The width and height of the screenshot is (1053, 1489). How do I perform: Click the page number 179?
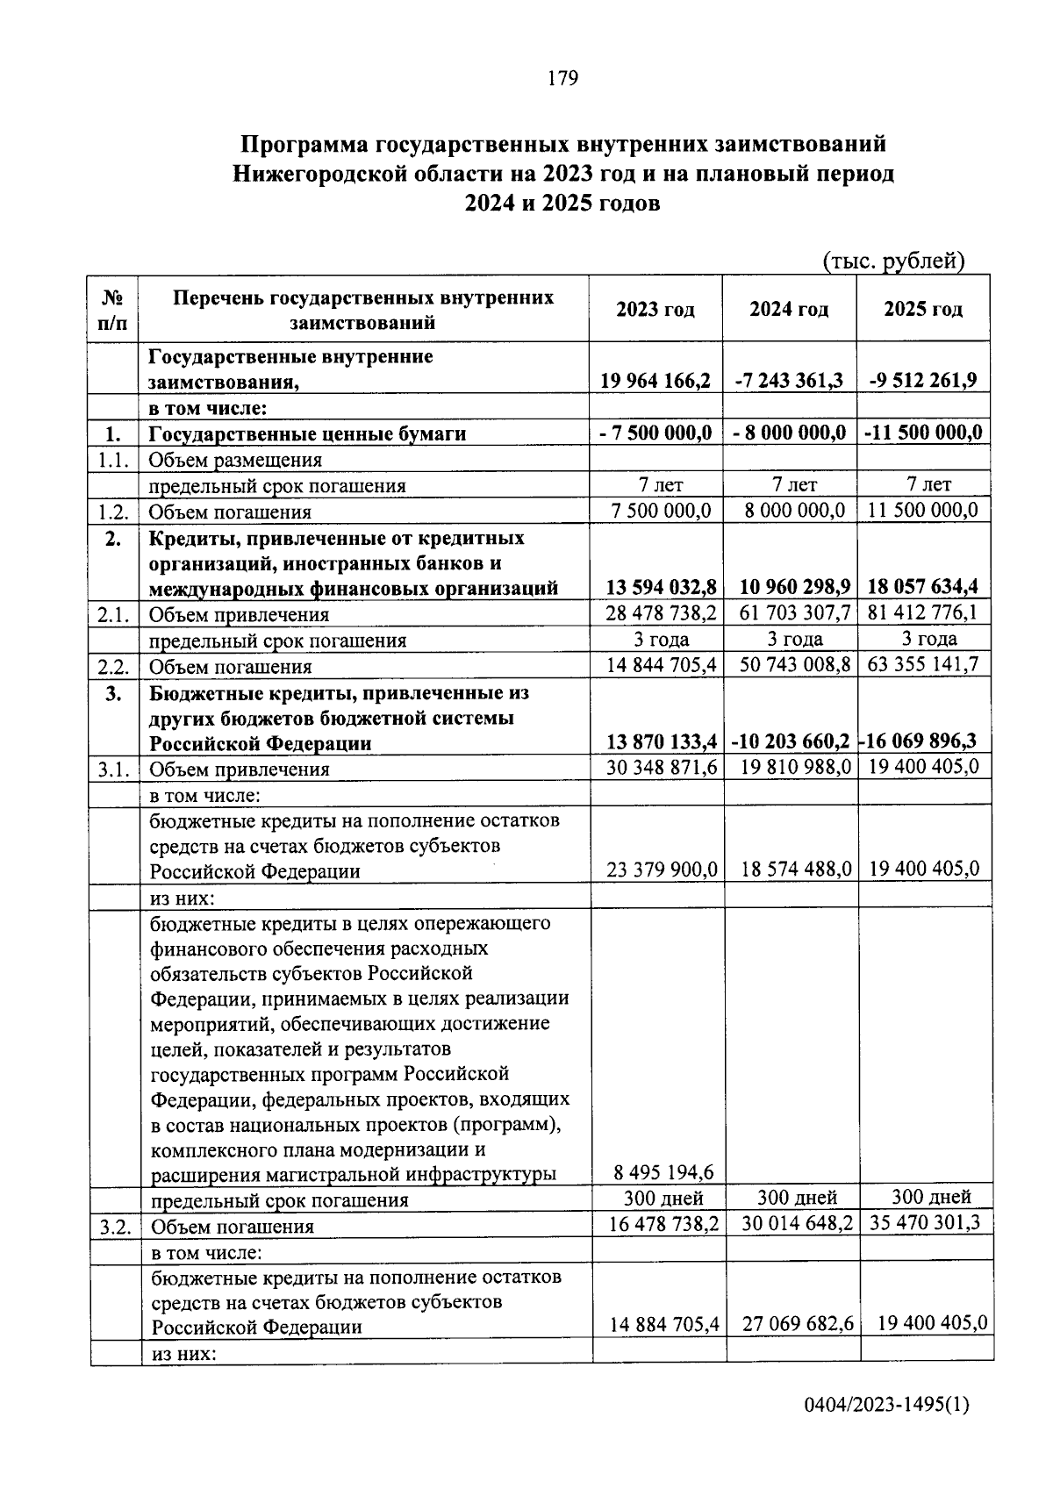pyautogui.click(x=562, y=79)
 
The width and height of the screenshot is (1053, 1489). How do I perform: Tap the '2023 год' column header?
pyautogui.click(x=655, y=310)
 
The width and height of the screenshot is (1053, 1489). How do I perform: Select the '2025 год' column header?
pyautogui.click(x=922, y=310)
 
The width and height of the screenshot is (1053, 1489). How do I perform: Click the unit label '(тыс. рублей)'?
pyautogui.click(x=893, y=261)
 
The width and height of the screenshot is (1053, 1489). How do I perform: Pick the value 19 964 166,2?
pyautogui.click(x=655, y=381)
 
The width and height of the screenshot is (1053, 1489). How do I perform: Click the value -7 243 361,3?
pyautogui.click(x=788, y=381)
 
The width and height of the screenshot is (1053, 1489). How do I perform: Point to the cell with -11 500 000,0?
pyautogui.click(x=922, y=433)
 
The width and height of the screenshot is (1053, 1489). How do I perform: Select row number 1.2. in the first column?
pyautogui.click(x=114, y=512)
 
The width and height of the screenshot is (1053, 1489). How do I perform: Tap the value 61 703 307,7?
pyautogui.click(x=789, y=613)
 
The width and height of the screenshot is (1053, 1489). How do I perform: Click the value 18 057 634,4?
pyautogui.click(x=922, y=587)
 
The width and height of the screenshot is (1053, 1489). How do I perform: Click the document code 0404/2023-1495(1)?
pyautogui.click(x=886, y=1407)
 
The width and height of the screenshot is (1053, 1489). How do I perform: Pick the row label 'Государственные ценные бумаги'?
pyautogui.click(x=307, y=433)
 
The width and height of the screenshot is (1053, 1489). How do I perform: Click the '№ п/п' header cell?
pyautogui.click(x=113, y=310)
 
